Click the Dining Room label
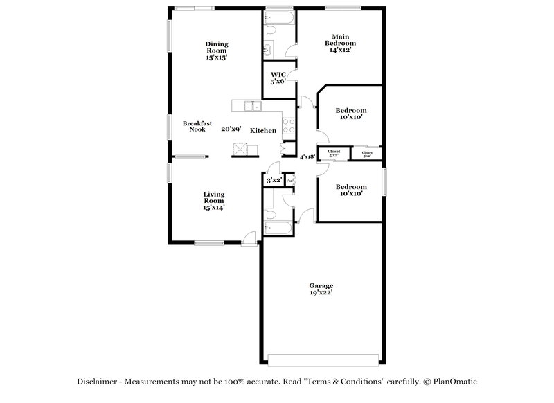click(216, 51)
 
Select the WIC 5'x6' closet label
click(278, 78)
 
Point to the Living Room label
click(213, 200)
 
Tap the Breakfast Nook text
click(194, 126)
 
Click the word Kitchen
click(263, 130)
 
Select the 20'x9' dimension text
click(231, 129)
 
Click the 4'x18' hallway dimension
click(307, 156)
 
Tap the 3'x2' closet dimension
click(274, 180)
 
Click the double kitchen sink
click(251, 106)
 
